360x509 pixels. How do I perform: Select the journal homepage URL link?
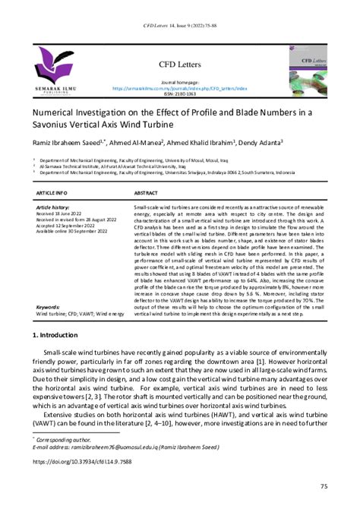point(179,88)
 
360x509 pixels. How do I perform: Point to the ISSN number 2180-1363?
point(179,94)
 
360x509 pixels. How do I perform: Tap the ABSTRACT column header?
point(147,194)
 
